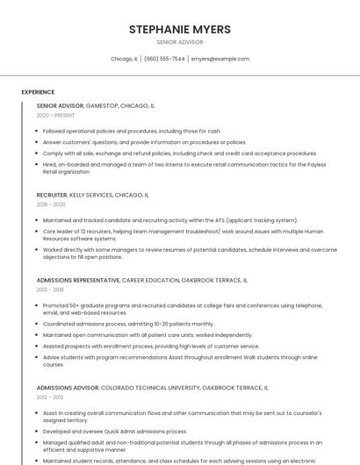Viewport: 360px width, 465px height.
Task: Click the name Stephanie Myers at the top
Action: (180, 29)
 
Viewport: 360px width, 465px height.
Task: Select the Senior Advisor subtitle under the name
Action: (180, 42)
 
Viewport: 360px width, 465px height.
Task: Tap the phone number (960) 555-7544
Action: (164, 59)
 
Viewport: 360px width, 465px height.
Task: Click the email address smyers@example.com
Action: (220, 59)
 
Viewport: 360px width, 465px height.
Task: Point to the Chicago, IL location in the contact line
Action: (124, 59)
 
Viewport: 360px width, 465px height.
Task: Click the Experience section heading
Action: (38, 92)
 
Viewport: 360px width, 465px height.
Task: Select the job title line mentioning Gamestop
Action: (96, 105)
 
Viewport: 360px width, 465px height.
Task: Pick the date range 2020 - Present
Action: (55, 115)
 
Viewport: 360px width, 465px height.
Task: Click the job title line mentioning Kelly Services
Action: (92, 195)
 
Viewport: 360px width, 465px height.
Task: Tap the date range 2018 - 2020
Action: (51, 204)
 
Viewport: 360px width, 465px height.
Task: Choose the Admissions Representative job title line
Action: (142, 280)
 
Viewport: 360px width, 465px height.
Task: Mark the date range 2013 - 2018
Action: (50, 290)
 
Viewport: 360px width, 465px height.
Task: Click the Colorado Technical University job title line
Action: (152, 387)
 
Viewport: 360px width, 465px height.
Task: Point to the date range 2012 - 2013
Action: (50, 397)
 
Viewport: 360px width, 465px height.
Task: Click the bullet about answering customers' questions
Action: (145, 142)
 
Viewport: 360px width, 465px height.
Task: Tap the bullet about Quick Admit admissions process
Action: (115, 432)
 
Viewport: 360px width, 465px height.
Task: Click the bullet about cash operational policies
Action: (132, 131)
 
